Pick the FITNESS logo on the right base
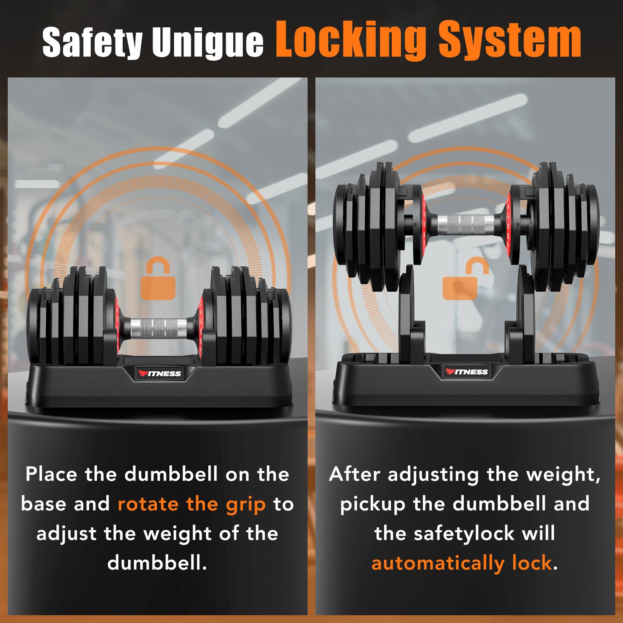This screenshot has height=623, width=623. [x=466, y=371]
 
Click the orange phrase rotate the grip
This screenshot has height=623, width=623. [x=192, y=504]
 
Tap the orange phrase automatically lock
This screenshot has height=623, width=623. [x=462, y=563]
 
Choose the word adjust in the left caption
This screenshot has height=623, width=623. [x=67, y=533]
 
